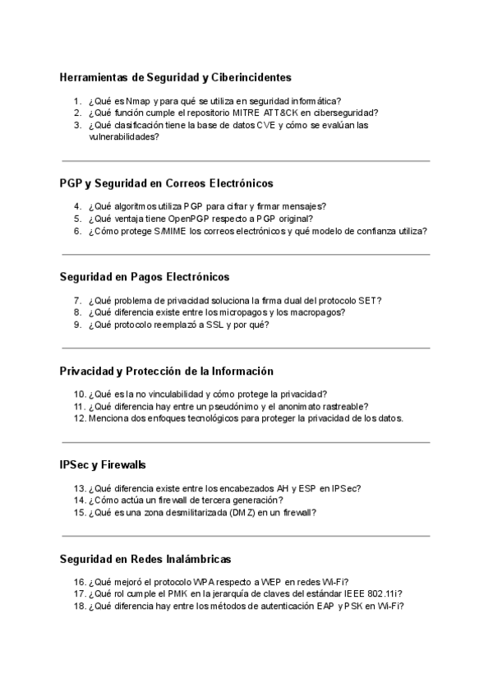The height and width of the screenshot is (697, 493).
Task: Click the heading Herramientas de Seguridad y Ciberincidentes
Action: coord(175,77)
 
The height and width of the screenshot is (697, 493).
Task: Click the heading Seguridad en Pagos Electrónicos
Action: coord(145,276)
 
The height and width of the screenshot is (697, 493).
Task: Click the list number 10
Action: coord(79,394)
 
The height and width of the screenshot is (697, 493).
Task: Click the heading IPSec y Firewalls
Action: coord(103,464)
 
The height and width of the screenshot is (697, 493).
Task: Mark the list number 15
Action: coord(79,511)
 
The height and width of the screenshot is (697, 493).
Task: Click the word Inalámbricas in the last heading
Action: coord(197,559)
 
